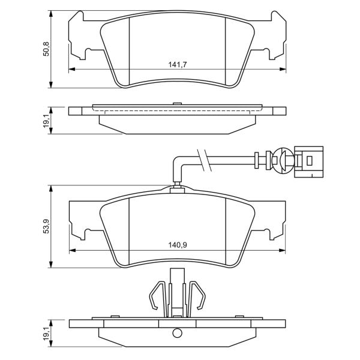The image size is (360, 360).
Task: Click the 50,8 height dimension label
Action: [x=46, y=49]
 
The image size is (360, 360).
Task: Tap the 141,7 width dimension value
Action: [x=178, y=65]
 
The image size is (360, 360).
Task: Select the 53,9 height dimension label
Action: [x=46, y=226]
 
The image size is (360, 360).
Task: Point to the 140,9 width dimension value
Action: [x=178, y=245]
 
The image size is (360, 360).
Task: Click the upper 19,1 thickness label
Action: [x=46, y=121]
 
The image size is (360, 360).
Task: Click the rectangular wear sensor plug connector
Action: [x=308, y=162]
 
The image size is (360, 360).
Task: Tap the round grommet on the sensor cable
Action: [x=283, y=160]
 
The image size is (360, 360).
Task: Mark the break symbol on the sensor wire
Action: [x=205, y=160]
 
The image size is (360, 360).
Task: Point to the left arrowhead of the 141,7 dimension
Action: [x=72, y=69]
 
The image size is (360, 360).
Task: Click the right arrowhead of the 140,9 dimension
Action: [x=282, y=250]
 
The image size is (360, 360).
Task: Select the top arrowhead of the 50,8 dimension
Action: [x=51, y=14]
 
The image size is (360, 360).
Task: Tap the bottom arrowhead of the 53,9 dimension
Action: [x=51, y=264]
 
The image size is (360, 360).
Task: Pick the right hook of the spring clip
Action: [x=197, y=295]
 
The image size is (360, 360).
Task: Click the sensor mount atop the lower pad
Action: [x=177, y=190]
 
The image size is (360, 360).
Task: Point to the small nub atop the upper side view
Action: [x=177, y=104]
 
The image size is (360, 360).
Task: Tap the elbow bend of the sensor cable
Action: [x=178, y=162]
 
